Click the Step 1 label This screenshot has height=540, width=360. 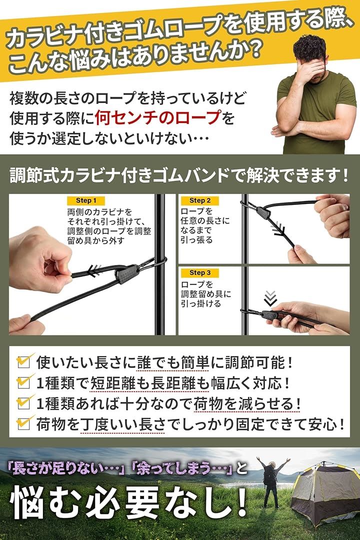click(x=86, y=200)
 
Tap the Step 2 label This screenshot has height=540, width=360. click(x=200, y=200)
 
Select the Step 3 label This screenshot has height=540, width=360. click(x=200, y=273)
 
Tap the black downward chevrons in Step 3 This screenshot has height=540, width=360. click(x=270, y=298)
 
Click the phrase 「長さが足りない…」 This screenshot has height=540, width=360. click(x=67, y=468)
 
